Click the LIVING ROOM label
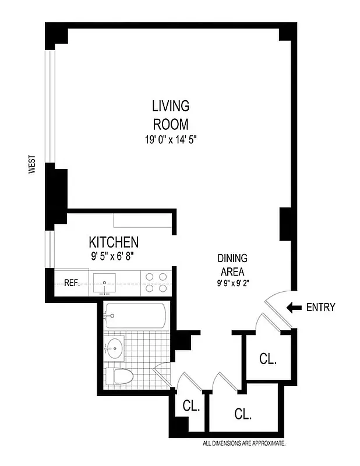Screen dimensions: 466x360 click(x=171, y=115)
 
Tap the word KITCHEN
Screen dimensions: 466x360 click(x=114, y=242)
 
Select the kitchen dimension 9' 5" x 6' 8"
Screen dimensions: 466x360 click(x=114, y=255)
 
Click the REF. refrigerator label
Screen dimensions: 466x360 click(x=72, y=283)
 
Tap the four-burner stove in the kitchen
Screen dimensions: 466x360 click(x=156, y=283)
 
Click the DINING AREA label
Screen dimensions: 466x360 click(x=232, y=265)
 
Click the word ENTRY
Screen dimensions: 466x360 click(x=321, y=308)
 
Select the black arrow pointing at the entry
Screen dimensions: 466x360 click(x=295, y=308)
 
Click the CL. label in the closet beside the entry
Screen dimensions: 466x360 click(x=267, y=359)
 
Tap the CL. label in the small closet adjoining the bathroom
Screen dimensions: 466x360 click(x=191, y=406)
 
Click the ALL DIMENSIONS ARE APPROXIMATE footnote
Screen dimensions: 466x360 click(x=243, y=444)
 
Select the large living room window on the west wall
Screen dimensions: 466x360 click(x=51, y=105)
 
